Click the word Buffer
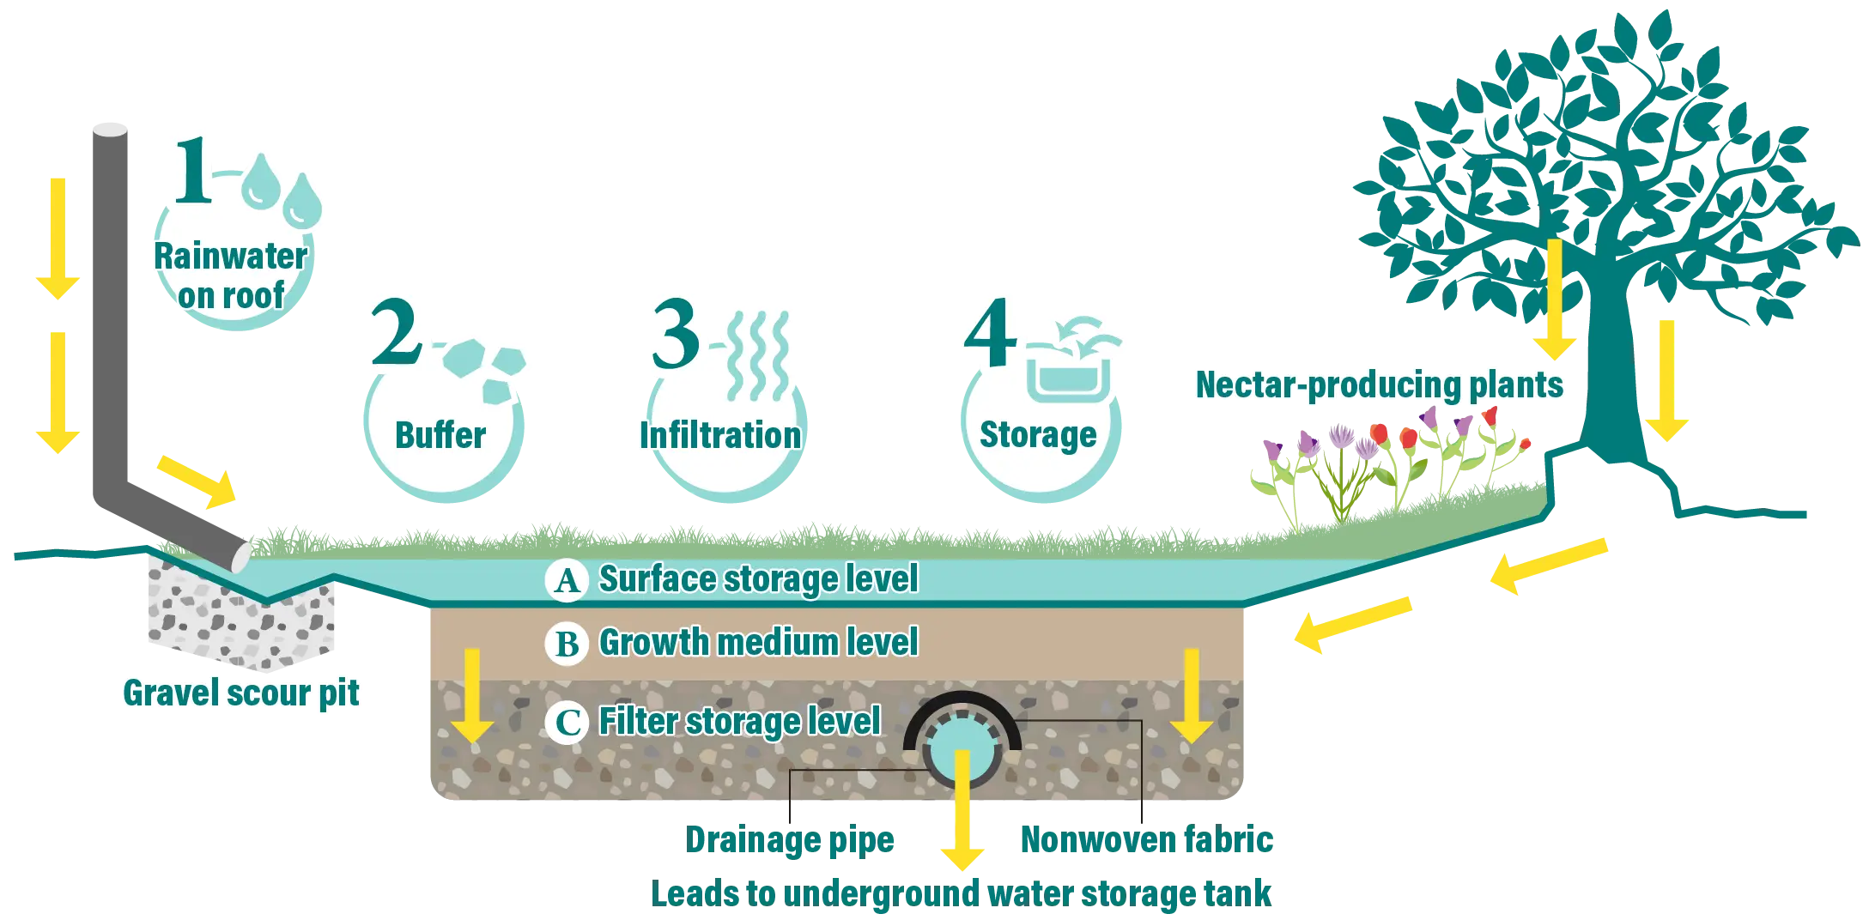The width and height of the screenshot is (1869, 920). point(440,435)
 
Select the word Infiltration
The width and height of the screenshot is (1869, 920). point(720,435)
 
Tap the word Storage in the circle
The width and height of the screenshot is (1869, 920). point(1038,435)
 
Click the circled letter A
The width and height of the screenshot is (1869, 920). point(567,581)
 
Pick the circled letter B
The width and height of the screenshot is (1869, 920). point(567,644)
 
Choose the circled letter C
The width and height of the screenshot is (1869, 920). point(567,723)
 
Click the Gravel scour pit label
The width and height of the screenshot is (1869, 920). point(241,693)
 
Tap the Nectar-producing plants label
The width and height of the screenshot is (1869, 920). point(1379,385)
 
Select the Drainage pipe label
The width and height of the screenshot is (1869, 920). point(792,842)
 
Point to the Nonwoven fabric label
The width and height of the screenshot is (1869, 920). point(1146,841)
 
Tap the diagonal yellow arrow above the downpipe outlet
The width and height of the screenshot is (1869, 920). point(197,481)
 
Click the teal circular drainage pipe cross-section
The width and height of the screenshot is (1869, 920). point(962,747)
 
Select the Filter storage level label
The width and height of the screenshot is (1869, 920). point(739,722)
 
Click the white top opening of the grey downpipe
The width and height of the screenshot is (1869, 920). point(110,127)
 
